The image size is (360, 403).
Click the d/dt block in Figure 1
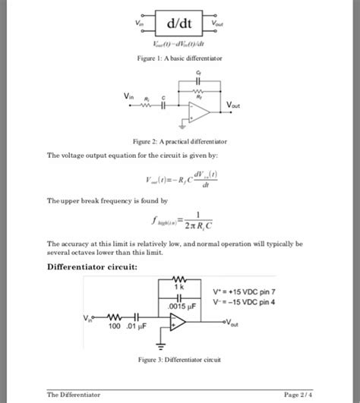pyautogui.click(x=180, y=25)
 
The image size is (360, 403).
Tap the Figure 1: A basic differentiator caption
pyautogui.click(x=179, y=57)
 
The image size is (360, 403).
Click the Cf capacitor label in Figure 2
pyautogui.click(x=198, y=73)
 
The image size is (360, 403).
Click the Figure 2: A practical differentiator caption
pyautogui.click(x=179, y=141)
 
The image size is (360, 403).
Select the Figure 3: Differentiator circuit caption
pyautogui.click(x=179, y=360)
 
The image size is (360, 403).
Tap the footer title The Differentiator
pyautogui.click(x=74, y=395)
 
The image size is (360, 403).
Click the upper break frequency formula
pyautogui.click(x=179, y=220)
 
